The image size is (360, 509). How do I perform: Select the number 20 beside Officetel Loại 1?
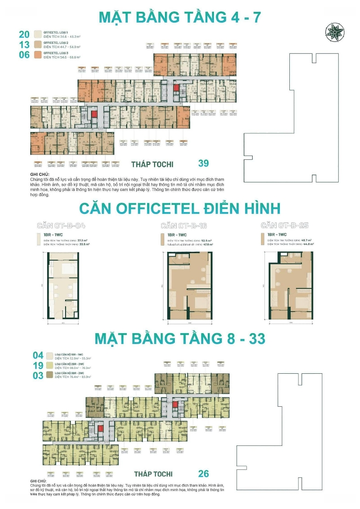(x=25, y=34)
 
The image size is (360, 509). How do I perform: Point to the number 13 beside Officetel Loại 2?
(x=25, y=45)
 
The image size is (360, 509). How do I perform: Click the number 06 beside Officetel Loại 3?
(x=25, y=55)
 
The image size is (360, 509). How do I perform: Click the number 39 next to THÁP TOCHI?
(x=204, y=163)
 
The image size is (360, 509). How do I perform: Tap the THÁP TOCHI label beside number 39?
(x=152, y=164)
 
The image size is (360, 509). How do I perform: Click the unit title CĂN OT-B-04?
(x=61, y=225)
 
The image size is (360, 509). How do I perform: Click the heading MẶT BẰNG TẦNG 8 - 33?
(x=180, y=338)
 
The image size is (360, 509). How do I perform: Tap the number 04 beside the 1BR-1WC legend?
(x=38, y=355)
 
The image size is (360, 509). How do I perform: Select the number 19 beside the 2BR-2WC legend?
(x=38, y=366)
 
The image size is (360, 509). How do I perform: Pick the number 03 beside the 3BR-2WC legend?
(x=38, y=376)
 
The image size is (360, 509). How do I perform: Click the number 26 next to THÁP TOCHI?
(x=204, y=474)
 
